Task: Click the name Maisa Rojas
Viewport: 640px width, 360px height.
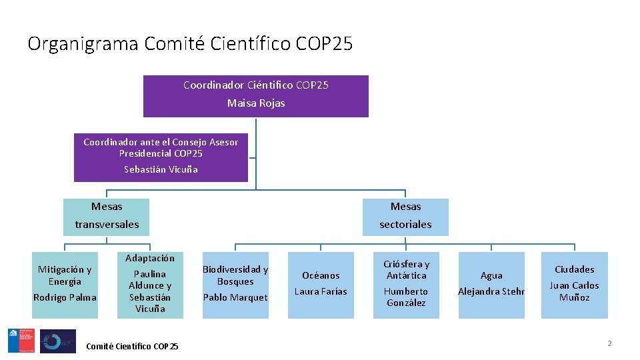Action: point(256,103)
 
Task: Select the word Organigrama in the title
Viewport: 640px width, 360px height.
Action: point(83,44)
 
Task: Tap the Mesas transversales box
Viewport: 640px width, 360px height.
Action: point(107,216)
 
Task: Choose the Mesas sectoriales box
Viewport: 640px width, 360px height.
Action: point(405,216)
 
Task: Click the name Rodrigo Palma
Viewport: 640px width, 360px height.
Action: point(65,297)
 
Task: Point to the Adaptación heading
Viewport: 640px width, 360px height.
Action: point(150,258)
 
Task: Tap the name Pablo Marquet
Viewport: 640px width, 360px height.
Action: point(235,297)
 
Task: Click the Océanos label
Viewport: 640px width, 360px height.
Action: point(321,275)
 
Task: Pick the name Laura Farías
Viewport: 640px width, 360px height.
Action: point(321,291)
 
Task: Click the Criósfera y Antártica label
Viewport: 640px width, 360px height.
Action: point(406,269)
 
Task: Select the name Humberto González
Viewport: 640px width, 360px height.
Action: point(406,297)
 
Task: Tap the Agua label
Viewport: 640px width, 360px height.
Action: point(491,275)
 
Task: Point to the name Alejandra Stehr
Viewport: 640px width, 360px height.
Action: point(491,291)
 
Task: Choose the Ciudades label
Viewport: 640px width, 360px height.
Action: point(574,269)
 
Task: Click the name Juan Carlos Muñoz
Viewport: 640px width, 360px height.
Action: point(574,291)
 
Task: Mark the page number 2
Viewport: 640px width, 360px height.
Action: point(609,343)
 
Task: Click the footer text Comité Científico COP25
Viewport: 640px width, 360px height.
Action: point(132,346)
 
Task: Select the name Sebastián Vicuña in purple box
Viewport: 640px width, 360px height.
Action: point(161,169)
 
